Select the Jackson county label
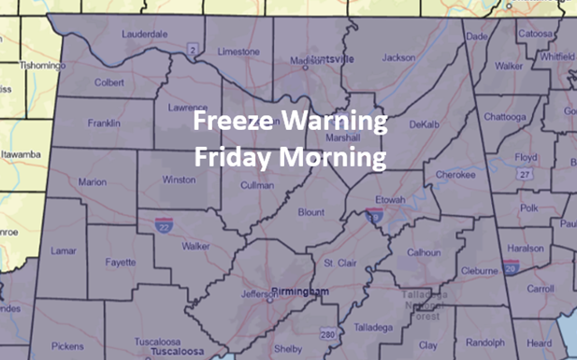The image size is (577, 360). tap(398, 58)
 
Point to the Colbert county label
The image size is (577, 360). tap(108, 81)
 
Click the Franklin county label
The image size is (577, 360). tap(104, 122)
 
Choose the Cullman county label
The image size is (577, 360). tap(256, 185)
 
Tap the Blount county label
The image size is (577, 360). tap(310, 212)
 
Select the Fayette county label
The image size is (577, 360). tap(119, 263)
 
